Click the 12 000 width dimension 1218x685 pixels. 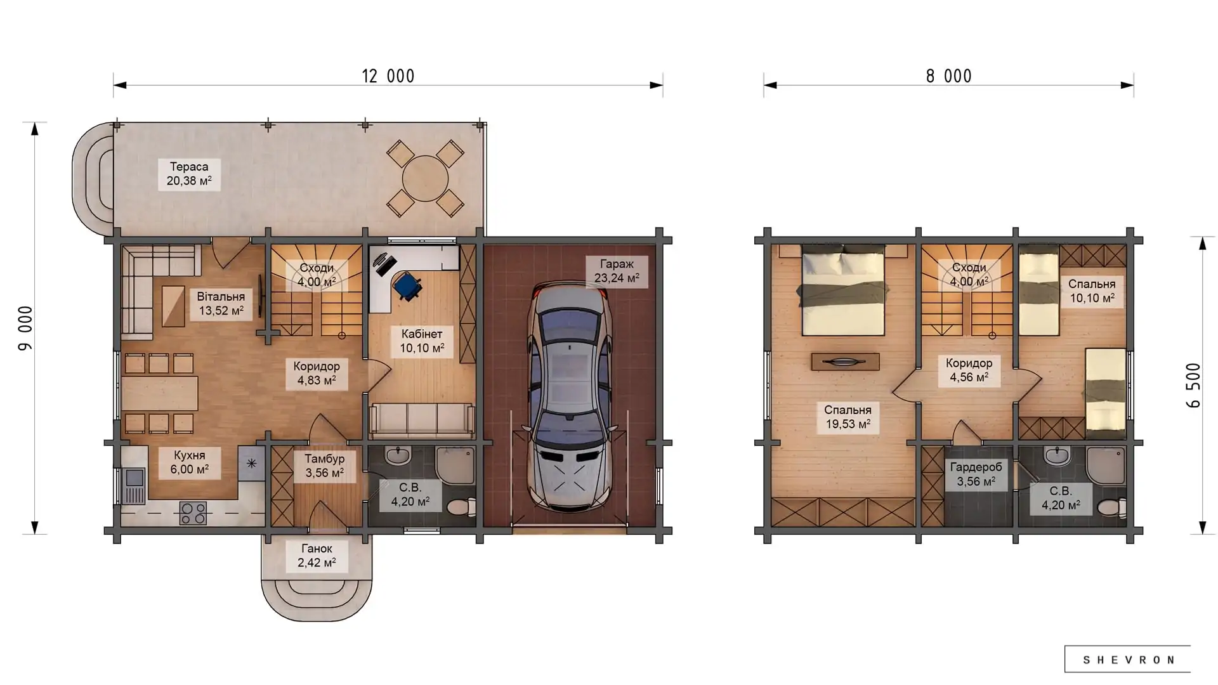click(388, 76)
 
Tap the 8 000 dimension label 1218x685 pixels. click(948, 76)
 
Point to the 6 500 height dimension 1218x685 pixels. click(1193, 385)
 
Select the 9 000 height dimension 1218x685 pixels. click(25, 328)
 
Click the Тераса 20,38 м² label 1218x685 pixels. click(189, 174)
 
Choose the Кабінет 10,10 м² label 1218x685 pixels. click(422, 341)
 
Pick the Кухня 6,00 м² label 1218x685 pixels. click(190, 462)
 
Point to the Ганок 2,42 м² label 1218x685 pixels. click(317, 556)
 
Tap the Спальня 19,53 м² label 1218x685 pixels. click(848, 417)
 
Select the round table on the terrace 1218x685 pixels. click(425, 178)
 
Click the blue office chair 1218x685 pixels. click(407, 285)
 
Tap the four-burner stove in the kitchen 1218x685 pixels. click(193, 512)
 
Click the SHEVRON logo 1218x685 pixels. click(1128, 660)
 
